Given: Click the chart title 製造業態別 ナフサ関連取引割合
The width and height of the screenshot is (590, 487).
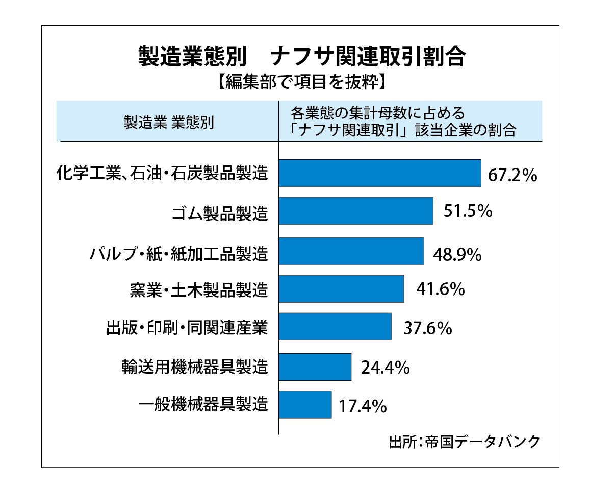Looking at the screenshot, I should pos(301,57).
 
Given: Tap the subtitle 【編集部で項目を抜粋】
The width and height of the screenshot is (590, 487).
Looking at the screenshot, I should pos(301,82).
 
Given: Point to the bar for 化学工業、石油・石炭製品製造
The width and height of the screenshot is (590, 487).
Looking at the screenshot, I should pos(380,173).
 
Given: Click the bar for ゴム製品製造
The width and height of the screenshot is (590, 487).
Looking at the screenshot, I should pos(356,211).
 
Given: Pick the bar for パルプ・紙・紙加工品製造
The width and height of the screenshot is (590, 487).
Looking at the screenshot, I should pos(351,251).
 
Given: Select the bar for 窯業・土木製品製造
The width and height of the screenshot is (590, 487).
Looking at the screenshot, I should pos(342,289).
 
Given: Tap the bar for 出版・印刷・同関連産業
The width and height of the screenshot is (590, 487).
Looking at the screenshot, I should pos(335,327).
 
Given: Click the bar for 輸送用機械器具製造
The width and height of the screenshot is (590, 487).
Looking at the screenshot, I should pos(315,367).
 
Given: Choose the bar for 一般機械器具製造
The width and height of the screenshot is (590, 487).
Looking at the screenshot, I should pos(305,404).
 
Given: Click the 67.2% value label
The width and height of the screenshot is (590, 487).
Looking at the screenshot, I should pos(512,175).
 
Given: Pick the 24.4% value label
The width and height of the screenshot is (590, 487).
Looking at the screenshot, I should pos(385,368).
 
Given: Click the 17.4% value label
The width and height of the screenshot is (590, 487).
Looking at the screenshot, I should pos(363,406).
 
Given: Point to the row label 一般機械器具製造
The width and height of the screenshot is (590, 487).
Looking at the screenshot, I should pos(203,405).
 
